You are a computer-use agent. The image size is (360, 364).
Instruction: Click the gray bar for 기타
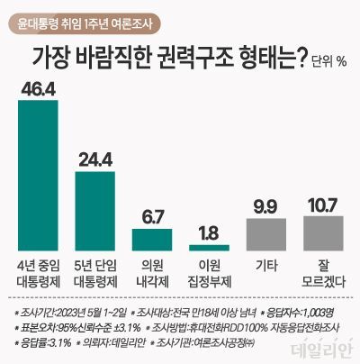pos(265,233)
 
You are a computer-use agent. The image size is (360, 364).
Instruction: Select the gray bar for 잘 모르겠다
pos(322,232)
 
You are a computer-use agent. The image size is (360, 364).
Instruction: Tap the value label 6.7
pos(152,215)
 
